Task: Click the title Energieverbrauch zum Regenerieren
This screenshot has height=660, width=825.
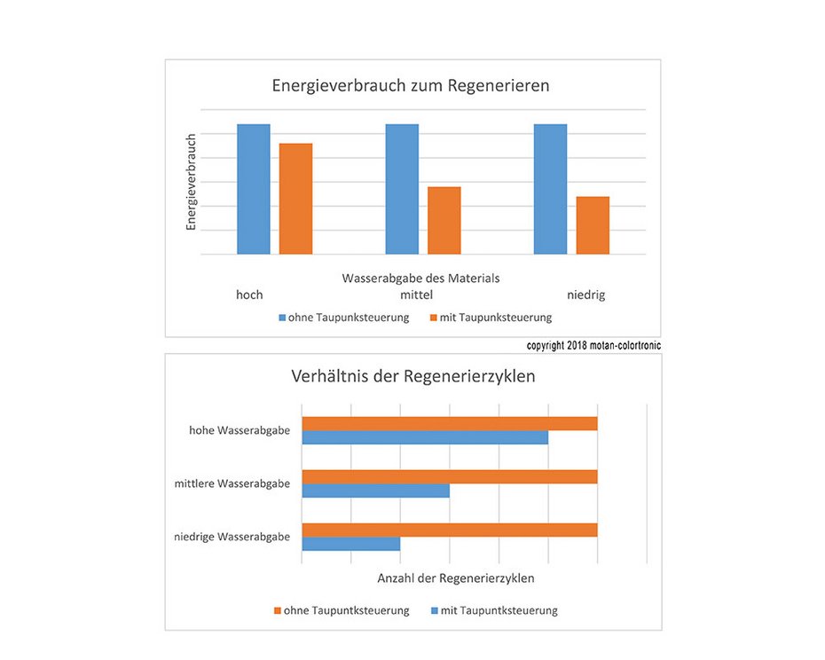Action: tap(411, 86)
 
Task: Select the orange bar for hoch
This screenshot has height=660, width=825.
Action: tap(295, 199)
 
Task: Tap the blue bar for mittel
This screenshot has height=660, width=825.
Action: tap(402, 190)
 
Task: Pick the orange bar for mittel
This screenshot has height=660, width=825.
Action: tap(444, 221)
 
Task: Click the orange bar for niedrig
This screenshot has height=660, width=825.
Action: tap(593, 225)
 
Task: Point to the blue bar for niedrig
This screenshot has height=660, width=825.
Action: tap(550, 190)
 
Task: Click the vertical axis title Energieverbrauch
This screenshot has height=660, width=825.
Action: tap(191, 182)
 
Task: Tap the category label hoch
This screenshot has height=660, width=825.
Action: tap(249, 295)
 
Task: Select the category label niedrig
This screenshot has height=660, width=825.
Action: tap(586, 295)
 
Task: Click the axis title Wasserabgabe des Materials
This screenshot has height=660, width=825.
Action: tap(420, 278)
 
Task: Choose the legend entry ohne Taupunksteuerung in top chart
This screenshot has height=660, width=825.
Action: tap(343, 318)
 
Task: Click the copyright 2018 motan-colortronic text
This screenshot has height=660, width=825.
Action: tap(593, 345)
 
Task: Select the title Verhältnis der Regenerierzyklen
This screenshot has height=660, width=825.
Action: tap(413, 376)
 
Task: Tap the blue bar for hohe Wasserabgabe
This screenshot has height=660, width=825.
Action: tap(425, 437)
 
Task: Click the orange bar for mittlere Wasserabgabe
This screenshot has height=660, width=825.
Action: tap(450, 477)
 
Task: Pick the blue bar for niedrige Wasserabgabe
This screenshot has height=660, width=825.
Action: tap(351, 544)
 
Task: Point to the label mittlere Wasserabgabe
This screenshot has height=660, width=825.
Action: tap(232, 483)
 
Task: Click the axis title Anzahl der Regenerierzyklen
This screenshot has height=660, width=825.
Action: tap(456, 578)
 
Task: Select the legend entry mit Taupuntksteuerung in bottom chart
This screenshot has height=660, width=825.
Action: tap(494, 610)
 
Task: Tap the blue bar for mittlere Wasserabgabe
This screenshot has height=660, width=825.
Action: tap(376, 491)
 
